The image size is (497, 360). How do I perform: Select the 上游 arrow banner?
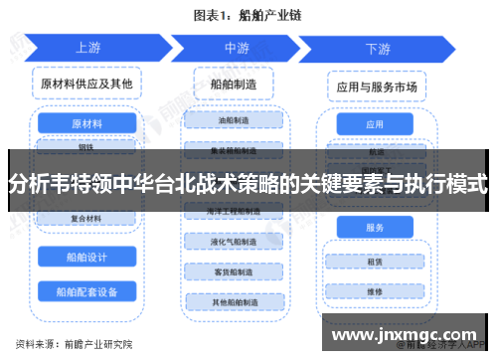(x=87, y=47)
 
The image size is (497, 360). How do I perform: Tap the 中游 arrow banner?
(x=237, y=47)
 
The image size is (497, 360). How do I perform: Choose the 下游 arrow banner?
(x=378, y=47)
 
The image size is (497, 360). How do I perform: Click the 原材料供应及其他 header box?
(x=86, y=86)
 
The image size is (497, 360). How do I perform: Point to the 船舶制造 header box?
(x=237, y=86)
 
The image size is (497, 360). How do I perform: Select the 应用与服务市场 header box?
(x=375, y=87)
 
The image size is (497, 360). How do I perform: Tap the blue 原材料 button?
(x=86, y=124)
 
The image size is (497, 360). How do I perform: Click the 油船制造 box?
(x=237, y=120)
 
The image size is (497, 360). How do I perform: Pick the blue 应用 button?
(x=375, y=125)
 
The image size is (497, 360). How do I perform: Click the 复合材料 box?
(x=86, y=217)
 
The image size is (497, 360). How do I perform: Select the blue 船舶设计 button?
(x=86, y=256)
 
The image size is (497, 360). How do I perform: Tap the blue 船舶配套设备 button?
(x=86, y=291)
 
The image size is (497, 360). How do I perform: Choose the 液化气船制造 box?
(x=237, y=242)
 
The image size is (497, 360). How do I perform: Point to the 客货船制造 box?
(x=237, y=271)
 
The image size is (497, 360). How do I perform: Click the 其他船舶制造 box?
(x=237, y=301)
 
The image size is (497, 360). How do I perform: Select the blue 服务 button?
(x=375, y=228)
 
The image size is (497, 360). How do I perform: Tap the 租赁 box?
(x=375, y=263)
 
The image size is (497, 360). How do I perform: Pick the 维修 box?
(x=375, y=292)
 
